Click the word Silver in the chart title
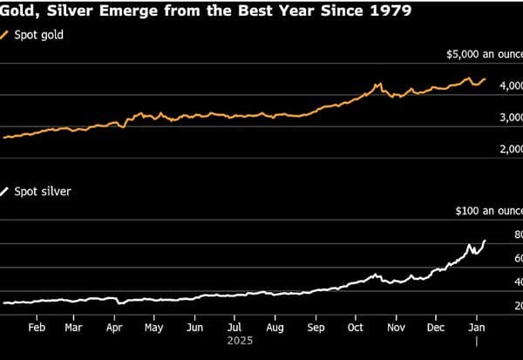70,10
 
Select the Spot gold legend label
38,35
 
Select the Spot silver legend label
43,192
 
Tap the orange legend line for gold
4,35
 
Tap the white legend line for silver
4,192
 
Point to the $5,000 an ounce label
485,54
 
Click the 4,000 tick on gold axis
511,85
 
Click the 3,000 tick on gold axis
511,118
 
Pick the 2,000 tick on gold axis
511,149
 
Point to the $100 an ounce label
489,211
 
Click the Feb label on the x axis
37,328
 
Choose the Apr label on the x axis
114,328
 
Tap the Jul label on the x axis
234,328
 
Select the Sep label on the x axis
316,328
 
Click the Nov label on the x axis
397,328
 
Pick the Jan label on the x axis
477,328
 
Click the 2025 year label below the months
241,341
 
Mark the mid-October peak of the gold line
379,84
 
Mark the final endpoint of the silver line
485,241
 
